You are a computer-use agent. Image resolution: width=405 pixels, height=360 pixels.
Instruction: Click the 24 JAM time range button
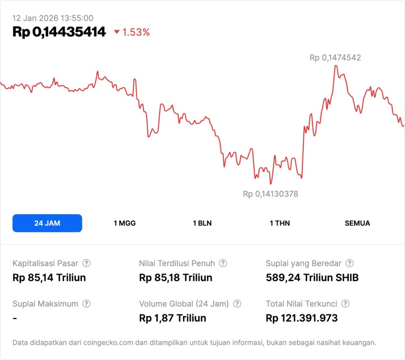coord(47,223)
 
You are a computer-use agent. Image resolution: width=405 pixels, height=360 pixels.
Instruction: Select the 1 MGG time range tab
coord(125,223)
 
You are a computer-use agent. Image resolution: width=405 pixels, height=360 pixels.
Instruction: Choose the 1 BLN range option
coord(202,223)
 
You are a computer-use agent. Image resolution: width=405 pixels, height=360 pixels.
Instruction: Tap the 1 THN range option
coord(280,223)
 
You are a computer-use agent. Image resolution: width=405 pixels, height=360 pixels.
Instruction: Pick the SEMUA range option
coord(357,223)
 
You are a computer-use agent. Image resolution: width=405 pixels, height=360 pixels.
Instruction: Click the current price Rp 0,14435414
coord(59,32)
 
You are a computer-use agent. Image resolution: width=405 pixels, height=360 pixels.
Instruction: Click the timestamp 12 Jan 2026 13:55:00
coord(53,18)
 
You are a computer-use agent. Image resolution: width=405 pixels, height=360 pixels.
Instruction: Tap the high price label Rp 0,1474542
coord(335,58)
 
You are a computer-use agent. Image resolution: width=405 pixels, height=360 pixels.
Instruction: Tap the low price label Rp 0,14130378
coord(270,194)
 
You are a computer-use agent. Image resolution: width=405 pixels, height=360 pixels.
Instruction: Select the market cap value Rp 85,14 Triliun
coord(49,277)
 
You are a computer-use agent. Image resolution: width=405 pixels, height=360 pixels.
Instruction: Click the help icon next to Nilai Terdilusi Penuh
coord(223,263)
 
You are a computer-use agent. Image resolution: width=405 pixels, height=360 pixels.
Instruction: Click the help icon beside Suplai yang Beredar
coord(349,263)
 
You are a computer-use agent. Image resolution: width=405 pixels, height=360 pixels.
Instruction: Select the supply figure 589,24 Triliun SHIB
coord(312,277)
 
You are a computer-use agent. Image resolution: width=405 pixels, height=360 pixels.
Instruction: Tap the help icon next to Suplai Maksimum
coord(86,304)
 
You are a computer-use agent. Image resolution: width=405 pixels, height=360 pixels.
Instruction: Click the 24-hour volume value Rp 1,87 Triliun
coord(173,318)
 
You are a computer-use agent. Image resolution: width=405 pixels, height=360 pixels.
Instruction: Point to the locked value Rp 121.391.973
coord(301,318)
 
